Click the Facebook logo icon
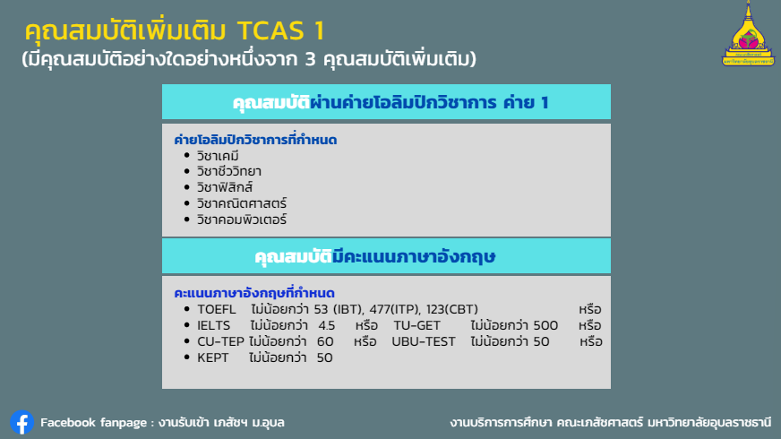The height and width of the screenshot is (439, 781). coord(21,423)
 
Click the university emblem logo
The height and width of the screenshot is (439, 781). coord(748,34)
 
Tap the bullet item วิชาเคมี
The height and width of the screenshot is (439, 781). coord(218,156)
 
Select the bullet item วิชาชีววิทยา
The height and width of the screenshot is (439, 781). coord(228,171)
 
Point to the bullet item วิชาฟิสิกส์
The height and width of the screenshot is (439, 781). coord(225,187)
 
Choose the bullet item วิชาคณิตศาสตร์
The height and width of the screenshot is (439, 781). coord(242,203)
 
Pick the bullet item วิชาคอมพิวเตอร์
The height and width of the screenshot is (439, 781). coord(242,219)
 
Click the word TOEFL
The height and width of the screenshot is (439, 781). coord(217,309)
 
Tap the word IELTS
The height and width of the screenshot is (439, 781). coord(214,325)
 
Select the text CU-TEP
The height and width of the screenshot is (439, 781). coord(220,341)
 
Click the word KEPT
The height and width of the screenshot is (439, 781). coord(212,357)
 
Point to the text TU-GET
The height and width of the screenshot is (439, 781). coord(416,325)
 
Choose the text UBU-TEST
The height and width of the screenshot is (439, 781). coord(424,341)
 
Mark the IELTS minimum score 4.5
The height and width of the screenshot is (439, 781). coord(327,325)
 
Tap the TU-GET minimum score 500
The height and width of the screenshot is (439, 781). coord(545,325)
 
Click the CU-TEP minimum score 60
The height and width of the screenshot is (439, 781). coord(325,341)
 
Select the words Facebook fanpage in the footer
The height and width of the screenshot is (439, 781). coord(94,423)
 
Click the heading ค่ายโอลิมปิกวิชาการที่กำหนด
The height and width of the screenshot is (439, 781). coord(255,140)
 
